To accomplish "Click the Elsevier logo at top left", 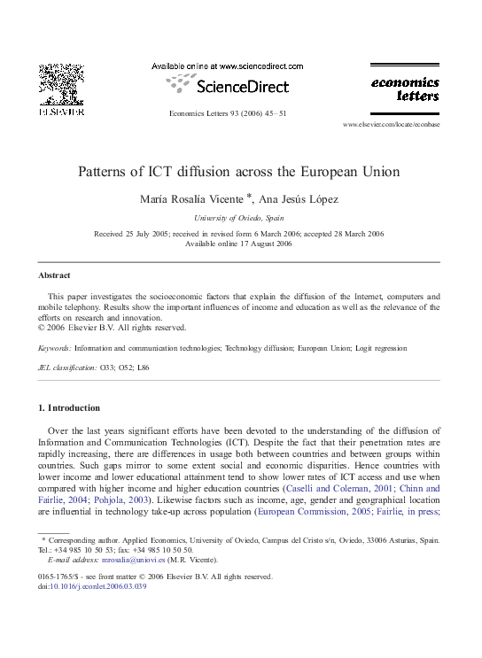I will tap(60, 89).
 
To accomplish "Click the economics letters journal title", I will tap(403, 89).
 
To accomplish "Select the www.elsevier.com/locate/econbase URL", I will tap(390, 125).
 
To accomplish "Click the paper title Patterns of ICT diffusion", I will tap(239, 172).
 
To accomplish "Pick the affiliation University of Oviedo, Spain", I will tap(239, 218).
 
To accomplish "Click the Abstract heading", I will tap(54, 275).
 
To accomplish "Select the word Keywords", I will tap(54, 350).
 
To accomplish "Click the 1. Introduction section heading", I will tap(68, 408).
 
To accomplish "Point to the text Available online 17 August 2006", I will tap(239, 244).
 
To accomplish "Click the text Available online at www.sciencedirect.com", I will tap(227, 66).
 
